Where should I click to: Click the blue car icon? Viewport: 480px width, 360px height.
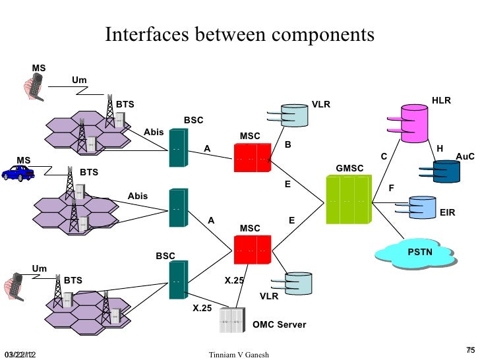17,173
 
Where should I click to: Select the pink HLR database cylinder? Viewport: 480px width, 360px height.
415,123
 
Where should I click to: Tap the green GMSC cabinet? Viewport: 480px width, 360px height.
347,199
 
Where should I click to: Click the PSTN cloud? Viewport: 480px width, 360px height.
420,254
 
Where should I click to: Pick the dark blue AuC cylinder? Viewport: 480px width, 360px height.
444,171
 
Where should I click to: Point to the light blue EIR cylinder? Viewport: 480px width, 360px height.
423,208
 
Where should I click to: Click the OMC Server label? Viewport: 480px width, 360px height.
279,325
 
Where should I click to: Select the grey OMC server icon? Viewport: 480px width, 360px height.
230,320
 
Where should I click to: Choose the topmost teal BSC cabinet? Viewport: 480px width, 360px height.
176,148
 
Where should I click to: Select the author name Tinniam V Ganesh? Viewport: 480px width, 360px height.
238,355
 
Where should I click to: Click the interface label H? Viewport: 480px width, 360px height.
440,148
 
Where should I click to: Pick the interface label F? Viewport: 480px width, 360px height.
391,189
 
